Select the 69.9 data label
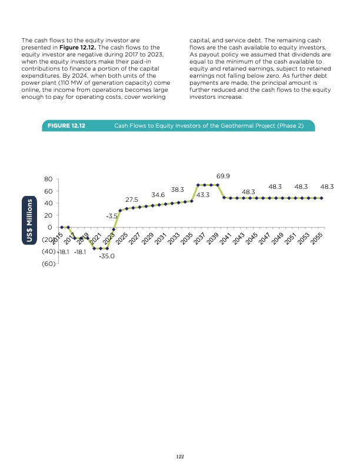pos(223,175)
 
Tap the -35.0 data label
pos(106,257)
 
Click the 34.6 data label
pos(158,194)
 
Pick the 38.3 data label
pos(178,189)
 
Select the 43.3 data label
pos(204,195)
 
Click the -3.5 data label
pos(112,217)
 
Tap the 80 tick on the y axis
pos(48,179)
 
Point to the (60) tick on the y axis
pos(48,264)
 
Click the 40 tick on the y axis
pos(48,203)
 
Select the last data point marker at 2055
pos(322,198)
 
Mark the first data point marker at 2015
pos(61,227)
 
